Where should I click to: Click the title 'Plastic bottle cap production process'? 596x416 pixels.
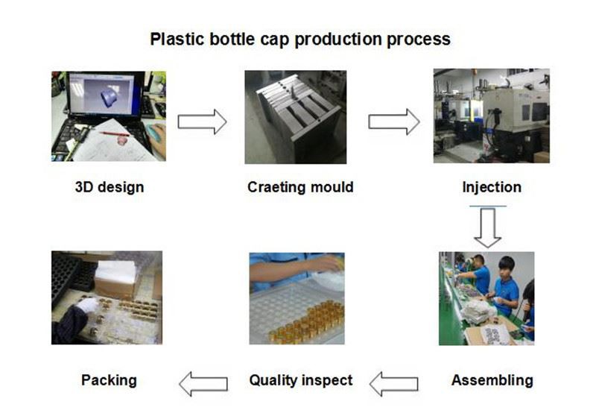coord(300,39)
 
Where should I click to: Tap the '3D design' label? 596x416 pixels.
coord(109,187)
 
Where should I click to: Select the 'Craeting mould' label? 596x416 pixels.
coord(300,187)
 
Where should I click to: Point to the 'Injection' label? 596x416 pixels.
coord(492,187)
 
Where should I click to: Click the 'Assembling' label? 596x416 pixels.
coord(492,380)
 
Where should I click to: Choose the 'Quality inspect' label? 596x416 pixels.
coord(300,380)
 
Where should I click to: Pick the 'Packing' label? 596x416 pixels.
coord(109,380)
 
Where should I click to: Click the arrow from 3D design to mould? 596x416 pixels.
coord(202,122)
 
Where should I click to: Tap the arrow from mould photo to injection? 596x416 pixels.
coord(393,122)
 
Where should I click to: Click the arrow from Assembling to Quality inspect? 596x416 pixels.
coord(393,384)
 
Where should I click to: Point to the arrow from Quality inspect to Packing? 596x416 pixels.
coord(203,384)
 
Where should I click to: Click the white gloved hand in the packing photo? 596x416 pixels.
coord(88,306)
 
